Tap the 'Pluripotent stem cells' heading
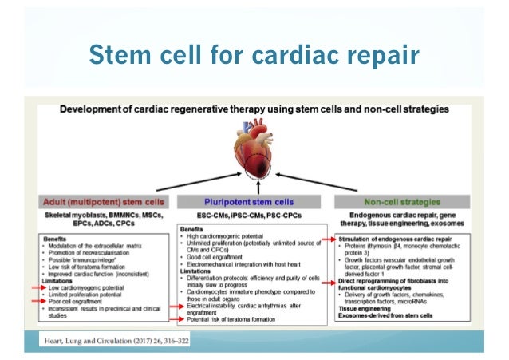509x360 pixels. click(253, 201)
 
